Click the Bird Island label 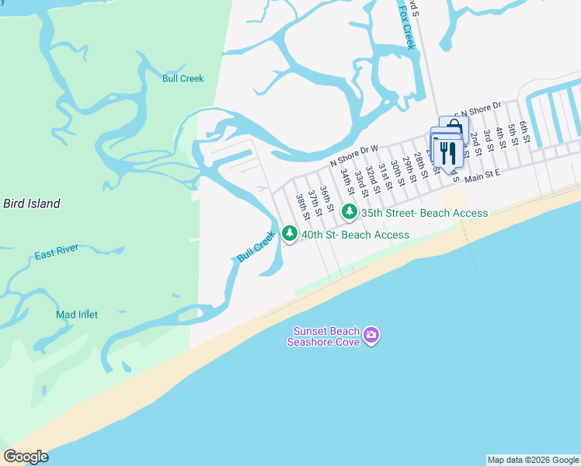(x=31, y=203)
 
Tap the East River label (x=57, y=256)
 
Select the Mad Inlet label (x=77, y=315)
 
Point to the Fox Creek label (x=407, y=25)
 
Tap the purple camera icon (x=372, y=335)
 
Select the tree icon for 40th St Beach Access (x=290, y=233)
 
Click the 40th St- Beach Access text (x=355, y=235)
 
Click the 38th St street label (x=302, y=206)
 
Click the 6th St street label (x=524, y=132)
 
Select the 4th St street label (x=501, y=140)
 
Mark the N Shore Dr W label (x=353, y=155)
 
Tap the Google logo (x=26, y=457)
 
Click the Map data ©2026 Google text (x=533, y=460)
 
